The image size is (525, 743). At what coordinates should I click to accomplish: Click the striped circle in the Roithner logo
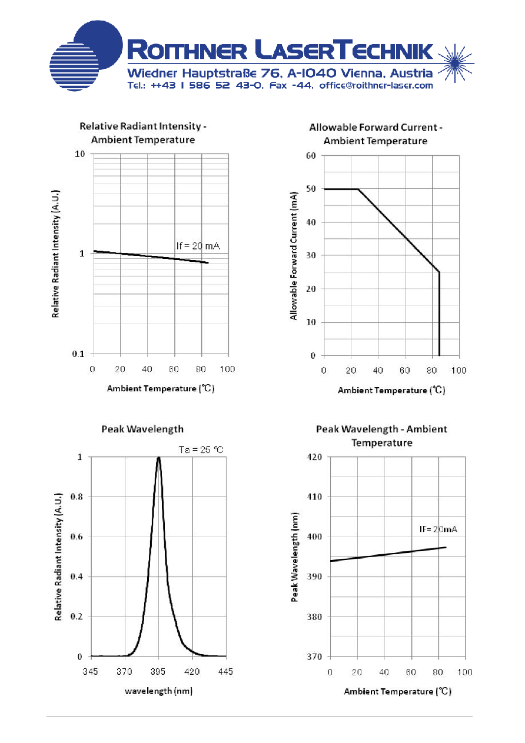[74, 66]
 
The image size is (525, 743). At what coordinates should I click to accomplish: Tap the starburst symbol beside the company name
[456, 63]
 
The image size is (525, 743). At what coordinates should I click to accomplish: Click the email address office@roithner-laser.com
[376, 85]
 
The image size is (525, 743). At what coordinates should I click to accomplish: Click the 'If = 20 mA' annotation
[198, 246]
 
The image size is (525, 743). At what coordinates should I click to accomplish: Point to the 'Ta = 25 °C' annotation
[201, 449]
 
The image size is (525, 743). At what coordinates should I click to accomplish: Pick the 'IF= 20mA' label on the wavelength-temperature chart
[438, 529]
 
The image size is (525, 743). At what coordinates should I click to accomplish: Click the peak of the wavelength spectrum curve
[159, 458]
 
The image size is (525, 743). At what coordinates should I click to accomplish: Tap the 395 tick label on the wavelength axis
[158, 671]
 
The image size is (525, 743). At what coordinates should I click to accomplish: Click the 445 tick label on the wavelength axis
[225, 671]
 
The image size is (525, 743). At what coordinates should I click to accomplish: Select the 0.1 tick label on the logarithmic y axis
[78, 354]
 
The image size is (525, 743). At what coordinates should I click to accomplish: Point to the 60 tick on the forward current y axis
[311, 155]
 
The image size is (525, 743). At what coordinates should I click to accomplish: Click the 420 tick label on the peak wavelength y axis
[315, 457]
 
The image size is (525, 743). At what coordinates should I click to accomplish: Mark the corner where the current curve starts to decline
[358, 189]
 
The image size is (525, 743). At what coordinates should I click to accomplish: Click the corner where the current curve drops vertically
[440, 272]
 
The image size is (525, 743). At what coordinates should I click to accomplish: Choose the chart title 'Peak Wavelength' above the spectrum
[142, 429]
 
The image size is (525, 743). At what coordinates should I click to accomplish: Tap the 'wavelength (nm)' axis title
[159, 691]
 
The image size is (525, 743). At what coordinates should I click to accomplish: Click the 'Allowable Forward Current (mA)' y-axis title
[294, 256]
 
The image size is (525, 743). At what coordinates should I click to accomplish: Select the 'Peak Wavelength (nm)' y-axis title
[294, 557]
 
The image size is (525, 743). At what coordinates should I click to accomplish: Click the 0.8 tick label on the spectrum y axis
[77, 497]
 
